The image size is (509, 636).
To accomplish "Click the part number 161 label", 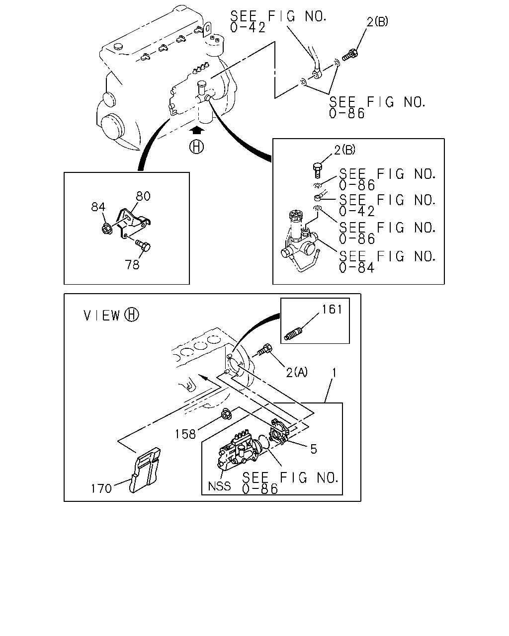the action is (332, 310).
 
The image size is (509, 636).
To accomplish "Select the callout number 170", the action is (101, 488).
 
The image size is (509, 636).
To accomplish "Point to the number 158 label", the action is (185, 434).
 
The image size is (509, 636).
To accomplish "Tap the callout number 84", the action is (98, 207).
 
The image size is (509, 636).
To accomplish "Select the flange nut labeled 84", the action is (107, 229).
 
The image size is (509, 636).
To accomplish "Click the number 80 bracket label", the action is (143, 196).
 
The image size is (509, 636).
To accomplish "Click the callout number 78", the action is (132, 264).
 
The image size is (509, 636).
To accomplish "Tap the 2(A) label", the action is (297, 372).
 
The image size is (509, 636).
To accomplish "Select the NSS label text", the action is (219, 486).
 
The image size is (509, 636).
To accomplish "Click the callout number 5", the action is (314, 449).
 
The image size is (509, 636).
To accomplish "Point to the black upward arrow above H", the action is (196, 130).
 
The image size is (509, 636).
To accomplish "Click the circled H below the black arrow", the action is (197, 147).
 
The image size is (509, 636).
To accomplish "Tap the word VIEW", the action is (102, 316).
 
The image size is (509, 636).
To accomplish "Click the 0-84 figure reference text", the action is (357, 268).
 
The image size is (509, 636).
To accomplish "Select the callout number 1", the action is (334, 373).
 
